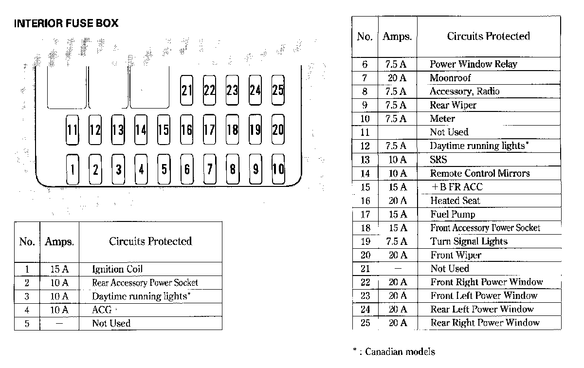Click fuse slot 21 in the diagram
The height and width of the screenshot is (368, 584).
point(187,91)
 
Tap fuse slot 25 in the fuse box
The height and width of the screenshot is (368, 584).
point(278,90)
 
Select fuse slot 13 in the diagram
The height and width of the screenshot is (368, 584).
point(118,130)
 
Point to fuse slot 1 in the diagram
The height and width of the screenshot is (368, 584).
point(72,169)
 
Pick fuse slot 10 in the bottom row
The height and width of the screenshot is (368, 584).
point(278,168)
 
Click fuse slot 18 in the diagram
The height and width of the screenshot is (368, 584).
point(233,129)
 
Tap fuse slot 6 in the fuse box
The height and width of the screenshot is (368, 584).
point(187,169)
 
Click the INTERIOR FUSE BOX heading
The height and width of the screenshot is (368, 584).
point(66,23)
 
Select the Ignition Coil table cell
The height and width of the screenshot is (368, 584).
point(117,269)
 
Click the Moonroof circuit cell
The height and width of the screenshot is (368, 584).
point(450,78)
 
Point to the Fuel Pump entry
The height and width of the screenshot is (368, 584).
point(453,214)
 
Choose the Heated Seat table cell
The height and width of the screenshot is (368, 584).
point(455,201)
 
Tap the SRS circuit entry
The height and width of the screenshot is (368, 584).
point(438,160)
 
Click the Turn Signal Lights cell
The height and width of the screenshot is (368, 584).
point(469,241)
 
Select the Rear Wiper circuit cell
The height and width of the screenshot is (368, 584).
point(453,105)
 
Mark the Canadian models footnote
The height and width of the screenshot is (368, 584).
point(394,351)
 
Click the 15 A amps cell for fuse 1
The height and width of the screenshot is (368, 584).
point(59,269)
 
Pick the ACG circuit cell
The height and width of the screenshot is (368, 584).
point(102,310)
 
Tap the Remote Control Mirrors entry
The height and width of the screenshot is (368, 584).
point(480,173)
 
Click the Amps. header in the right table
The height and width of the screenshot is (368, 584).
point(397,37)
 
